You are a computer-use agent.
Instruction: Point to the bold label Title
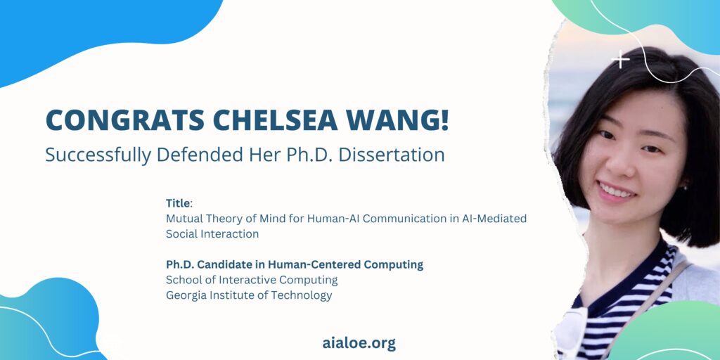[178, 203]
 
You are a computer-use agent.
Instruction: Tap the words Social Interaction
[212, 233]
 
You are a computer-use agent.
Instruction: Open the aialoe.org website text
[359, 343]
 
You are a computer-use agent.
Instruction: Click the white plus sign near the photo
[621, 60]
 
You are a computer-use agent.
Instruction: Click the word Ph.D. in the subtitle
[309, 155]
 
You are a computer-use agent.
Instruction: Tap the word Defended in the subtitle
[212, 155]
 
